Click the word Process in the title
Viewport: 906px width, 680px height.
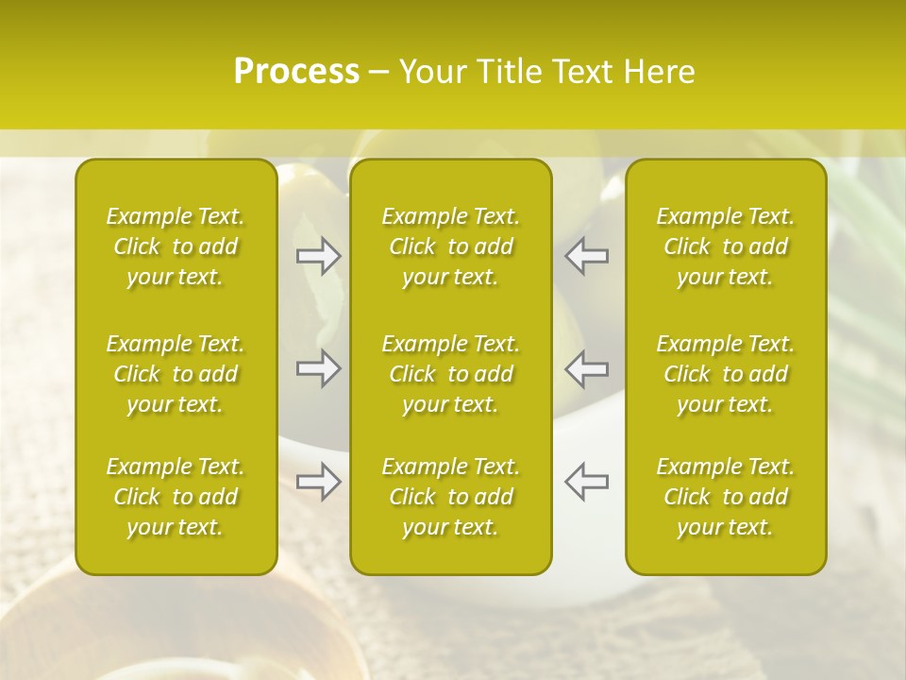click(296, 72)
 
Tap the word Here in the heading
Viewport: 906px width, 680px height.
click(661, 72)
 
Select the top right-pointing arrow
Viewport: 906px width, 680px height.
click(319, 256)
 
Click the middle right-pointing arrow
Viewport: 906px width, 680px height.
click(319, 368)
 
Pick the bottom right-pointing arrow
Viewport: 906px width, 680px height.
click(319, 482)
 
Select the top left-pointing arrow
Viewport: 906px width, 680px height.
click(586, 256)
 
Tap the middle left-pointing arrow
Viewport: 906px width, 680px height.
click(586, 368)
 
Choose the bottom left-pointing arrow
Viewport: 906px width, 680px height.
click(586, 482)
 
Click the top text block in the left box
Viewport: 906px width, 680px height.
click(176, 246)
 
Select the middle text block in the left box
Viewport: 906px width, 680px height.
click(176, 374)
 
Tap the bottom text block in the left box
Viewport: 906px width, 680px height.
click(176, 497)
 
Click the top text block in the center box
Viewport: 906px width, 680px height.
click(450, 246)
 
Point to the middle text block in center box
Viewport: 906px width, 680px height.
click(450, 374)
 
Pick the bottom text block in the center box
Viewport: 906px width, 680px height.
click(450, 497)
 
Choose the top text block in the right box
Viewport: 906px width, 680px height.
click(726, 246)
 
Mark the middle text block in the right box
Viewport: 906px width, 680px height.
click(726, 374)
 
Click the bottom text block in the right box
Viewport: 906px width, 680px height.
click(726, 497)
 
